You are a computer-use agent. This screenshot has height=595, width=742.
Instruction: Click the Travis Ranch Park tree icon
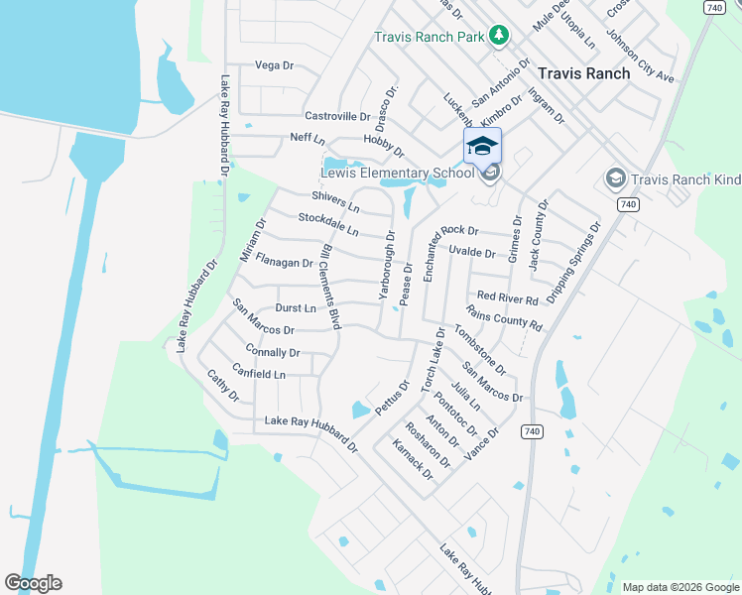[x=500, y=37]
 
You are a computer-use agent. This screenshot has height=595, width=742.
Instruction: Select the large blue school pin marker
[x=482, y=146]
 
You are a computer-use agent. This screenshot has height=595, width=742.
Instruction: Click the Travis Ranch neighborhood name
[x=583, y=73]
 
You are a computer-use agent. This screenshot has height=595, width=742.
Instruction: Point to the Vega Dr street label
[x=275, y=65]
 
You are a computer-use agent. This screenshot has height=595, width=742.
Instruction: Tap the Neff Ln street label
[x=308, y=138]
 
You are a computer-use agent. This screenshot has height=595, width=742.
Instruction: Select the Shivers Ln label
[x=333, y=198]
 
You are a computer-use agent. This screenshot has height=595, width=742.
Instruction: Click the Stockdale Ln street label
[x=328, y=223]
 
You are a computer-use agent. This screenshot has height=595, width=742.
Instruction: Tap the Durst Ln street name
[x=296, y=308]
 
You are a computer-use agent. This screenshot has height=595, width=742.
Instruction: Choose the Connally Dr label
[x=272, y=352]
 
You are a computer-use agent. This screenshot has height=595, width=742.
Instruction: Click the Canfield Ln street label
[x=258, y=375]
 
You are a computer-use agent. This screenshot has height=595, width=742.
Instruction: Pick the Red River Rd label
[x=507, y=297]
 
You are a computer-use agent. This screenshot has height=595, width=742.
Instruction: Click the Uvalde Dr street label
[x=471, y=253]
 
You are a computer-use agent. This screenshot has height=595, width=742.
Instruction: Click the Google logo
[x=33, y=583]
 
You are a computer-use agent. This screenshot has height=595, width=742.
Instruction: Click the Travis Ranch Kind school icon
[x=614, y=178]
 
